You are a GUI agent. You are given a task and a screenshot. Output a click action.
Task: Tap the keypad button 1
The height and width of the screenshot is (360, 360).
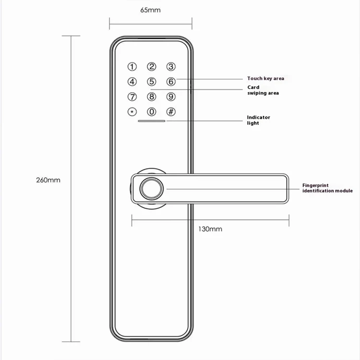click(132, 67)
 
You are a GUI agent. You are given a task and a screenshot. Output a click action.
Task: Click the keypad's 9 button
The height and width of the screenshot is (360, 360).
click(171, 96)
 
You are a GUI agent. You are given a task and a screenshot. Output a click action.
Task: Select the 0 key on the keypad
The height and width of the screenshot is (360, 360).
click(152, 112)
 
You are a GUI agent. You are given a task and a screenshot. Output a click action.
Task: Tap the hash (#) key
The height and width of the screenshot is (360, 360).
click(171, 112)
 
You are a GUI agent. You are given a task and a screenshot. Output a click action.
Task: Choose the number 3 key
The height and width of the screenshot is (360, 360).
click(171, 67)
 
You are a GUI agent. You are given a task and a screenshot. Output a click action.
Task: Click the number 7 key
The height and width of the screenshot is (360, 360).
click(132, 96)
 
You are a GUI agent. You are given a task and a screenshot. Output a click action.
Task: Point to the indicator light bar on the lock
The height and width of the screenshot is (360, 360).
click(152, 121)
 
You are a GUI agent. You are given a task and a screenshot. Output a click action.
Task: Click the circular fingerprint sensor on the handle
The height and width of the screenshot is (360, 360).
click(152, 189)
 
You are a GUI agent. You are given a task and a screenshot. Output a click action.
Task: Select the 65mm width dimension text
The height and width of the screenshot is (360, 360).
click(150, 10)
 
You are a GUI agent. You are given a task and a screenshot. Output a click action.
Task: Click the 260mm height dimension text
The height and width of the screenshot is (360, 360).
click(48, 180)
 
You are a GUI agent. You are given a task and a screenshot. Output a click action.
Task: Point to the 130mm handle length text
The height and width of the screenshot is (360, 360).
click(210, 229)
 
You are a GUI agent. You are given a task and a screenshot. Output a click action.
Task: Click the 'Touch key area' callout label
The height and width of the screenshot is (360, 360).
click(265, 79)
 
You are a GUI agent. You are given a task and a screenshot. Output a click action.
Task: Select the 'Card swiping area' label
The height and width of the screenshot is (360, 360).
click(263, 90)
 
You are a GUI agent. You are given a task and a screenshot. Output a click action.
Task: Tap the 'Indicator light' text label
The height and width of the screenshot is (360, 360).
click(259, 120)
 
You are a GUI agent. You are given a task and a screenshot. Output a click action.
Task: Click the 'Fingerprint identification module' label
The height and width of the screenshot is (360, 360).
click(327, 188)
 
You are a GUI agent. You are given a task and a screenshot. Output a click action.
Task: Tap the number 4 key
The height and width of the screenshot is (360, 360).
click(132, 82)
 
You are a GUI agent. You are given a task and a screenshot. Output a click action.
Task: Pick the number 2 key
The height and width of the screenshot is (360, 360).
click(152, 67)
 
